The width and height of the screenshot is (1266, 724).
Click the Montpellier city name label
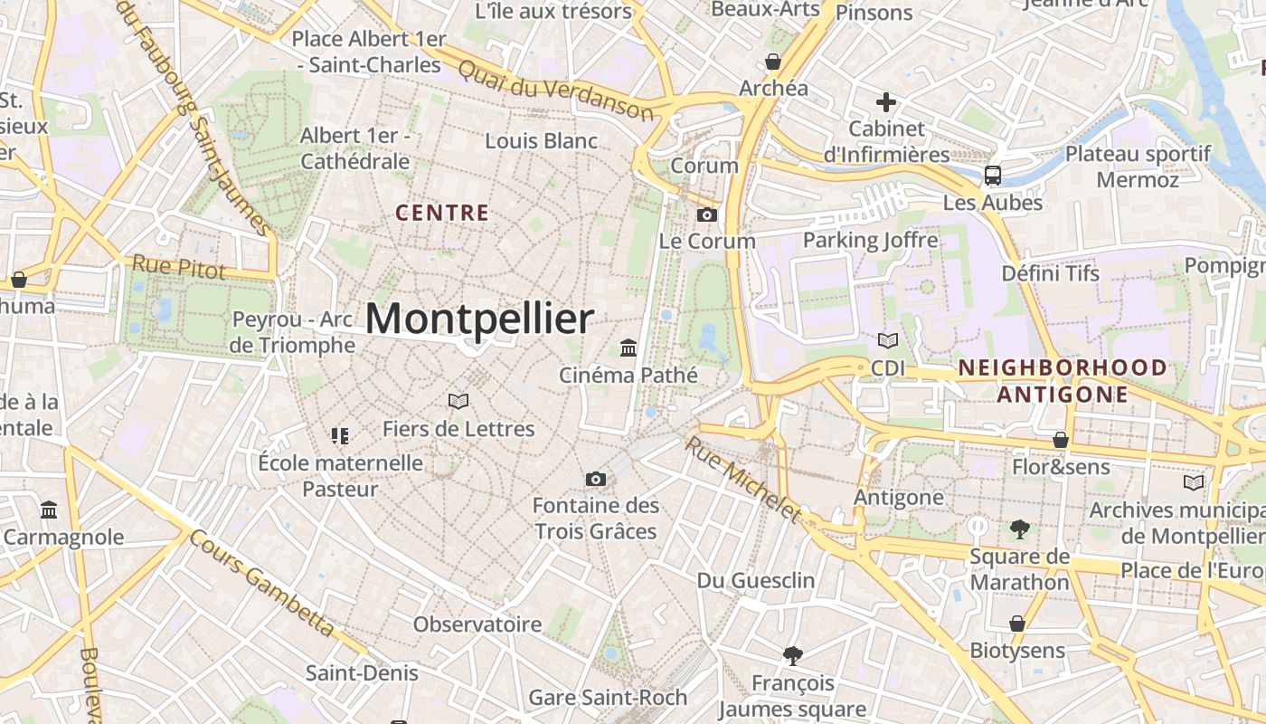tap(479, 319)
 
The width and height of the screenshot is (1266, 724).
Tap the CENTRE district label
tap(443, 214)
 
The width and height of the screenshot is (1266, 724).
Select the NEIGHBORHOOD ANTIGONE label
tap(1063, 381)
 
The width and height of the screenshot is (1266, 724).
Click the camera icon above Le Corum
tap(707, 214)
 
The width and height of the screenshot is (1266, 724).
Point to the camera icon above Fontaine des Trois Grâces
tap(595, 479)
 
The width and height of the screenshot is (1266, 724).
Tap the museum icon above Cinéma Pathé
tap(628, 348)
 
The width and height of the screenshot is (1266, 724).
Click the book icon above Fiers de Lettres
tap(458, 401)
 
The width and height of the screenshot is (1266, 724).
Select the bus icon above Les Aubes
tap(993, 175)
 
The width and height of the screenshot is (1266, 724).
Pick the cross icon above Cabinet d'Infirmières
tap(886, 102)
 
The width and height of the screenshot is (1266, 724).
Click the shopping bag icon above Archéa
tap(773, 62)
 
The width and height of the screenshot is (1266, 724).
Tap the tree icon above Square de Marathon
tap(1019, 529)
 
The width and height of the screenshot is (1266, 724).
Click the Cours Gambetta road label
tap(263, 582)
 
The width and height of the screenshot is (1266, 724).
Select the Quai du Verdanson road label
tap(555, 90)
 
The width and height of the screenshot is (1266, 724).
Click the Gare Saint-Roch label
tap(608, 698)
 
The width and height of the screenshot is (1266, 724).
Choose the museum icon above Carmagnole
tap(49, 510)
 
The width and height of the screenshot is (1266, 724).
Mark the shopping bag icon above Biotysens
tap(1017, 624)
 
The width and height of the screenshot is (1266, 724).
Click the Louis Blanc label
tap(542, 141)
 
